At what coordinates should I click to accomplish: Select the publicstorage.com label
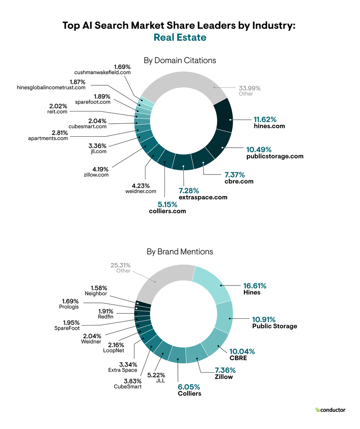click(x=275, y=156)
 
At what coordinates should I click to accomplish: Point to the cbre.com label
click(x=239, y=181)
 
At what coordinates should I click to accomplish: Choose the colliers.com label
click(x=167, y=211)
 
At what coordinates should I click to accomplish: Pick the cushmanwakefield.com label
click(x=103, y=72)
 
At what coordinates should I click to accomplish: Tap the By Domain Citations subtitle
click(x=180, y=60)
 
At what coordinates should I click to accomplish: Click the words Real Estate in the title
click(x=180, y=37)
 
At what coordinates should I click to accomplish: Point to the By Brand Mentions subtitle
click(x=180, y=252)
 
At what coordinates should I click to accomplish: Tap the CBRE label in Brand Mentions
click(x=238, y=358)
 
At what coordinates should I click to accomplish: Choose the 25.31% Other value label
click(x=121, y=265)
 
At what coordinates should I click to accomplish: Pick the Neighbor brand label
click(x=96, y=294)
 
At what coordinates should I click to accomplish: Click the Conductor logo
click(x=330, y=410)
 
